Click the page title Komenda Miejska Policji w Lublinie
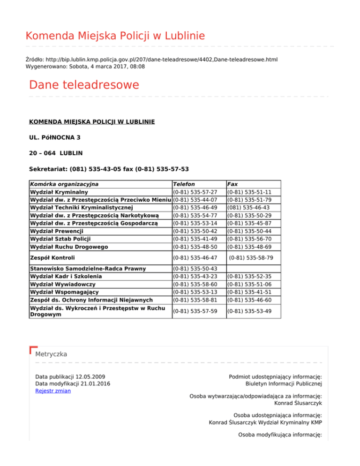pyautogui.click(x=115, y=36)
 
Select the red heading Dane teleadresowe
pyautogui.click(x=84, y=85)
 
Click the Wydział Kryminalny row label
pyautogui.click(x=58, y=192)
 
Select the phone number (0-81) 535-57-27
pyautogui.click(x=195, y=192)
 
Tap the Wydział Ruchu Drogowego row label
pyautogui.click(x=69, y=247)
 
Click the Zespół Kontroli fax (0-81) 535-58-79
pyautogui.click(x=251, y=258)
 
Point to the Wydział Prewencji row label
pyautogui.click(x=56, y=232)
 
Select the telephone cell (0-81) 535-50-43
pyautogui.click(x=195, y=269)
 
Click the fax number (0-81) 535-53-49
pyautogui.click(x=249, y=310)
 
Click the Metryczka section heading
pyautogui.click(x=51, y=354)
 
